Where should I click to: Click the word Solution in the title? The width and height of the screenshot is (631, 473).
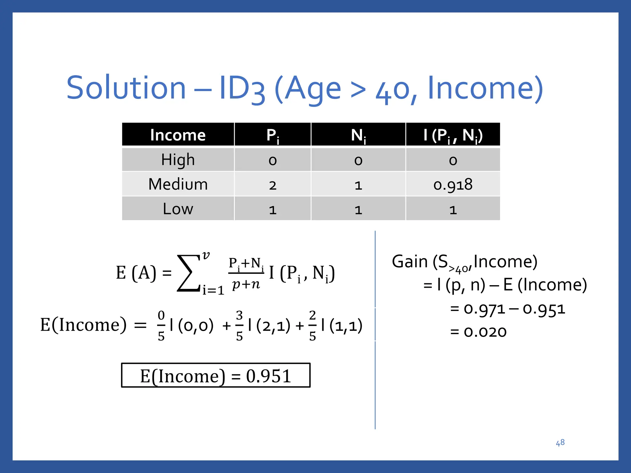[126, 88]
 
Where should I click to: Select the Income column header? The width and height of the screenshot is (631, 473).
[178, 135]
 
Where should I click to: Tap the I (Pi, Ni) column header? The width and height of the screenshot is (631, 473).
[453, 135]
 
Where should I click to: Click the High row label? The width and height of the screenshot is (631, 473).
[178, 160]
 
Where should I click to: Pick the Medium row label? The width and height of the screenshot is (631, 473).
[178, 184]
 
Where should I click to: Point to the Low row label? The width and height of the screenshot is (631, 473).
[178, 209]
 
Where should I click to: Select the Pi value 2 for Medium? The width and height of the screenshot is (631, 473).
[272, 185]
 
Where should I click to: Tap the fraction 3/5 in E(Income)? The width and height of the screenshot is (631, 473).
[239, 326]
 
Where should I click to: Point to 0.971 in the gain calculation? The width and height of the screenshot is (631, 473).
[484, 309]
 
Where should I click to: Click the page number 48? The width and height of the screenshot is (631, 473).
[560, 443]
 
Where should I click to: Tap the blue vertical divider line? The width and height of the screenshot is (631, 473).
[375, 385]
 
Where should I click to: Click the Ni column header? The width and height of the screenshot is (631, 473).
[358, 135]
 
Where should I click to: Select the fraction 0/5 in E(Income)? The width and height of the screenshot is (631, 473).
[161, 326]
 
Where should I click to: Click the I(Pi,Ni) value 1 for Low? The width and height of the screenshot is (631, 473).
[453, 210]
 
